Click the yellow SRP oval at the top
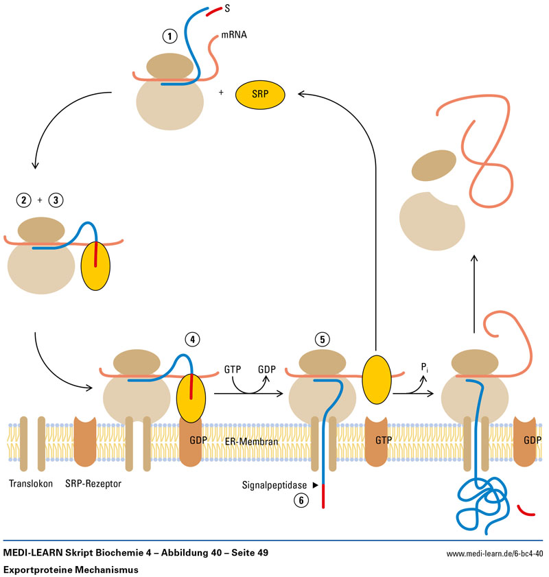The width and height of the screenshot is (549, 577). pos(259,95)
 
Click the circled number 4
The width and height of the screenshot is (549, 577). pos(193,339)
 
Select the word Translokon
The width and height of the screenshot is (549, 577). pos(31,484)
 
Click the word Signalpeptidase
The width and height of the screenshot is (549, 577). pos(272,484)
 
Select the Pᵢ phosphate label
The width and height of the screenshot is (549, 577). pos(426,368)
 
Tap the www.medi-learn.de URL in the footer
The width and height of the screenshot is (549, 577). pos(495,553)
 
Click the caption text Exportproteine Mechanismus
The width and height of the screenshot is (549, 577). pos(71,569)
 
